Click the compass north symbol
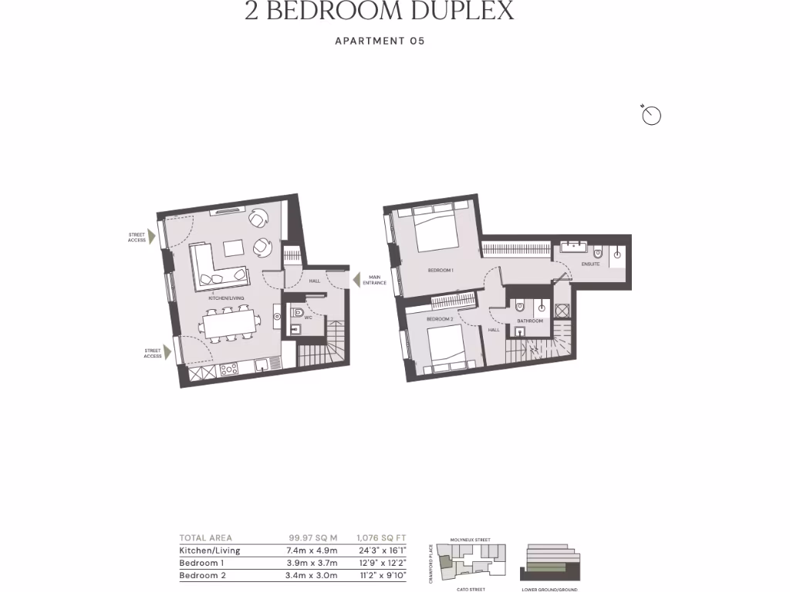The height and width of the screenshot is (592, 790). pyautogui.click(x=652, y=116)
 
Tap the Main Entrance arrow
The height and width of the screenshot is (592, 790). pyautogui.click(x=356, y=281)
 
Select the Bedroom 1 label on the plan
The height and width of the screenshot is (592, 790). pyautogui.click(x=441, y=271)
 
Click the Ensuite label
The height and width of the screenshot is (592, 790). pyautogui.click(x=590, y=264)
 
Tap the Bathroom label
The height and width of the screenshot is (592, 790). pyautogui.click(x=530, y=321)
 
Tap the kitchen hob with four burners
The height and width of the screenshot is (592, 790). pyautogui.click(x=229, y=369)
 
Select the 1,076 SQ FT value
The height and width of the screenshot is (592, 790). pyautogui.click(x=381, y=538)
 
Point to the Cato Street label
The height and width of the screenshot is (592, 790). pyautogui.click(x=471, y=589)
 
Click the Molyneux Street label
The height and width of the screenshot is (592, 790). pyautogui.click(x=471, y=540)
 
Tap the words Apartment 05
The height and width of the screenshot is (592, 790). pyautogui.click(x=380, y=41)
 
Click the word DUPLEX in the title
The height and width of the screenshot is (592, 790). pyautogui.click(x=457, y=11)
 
